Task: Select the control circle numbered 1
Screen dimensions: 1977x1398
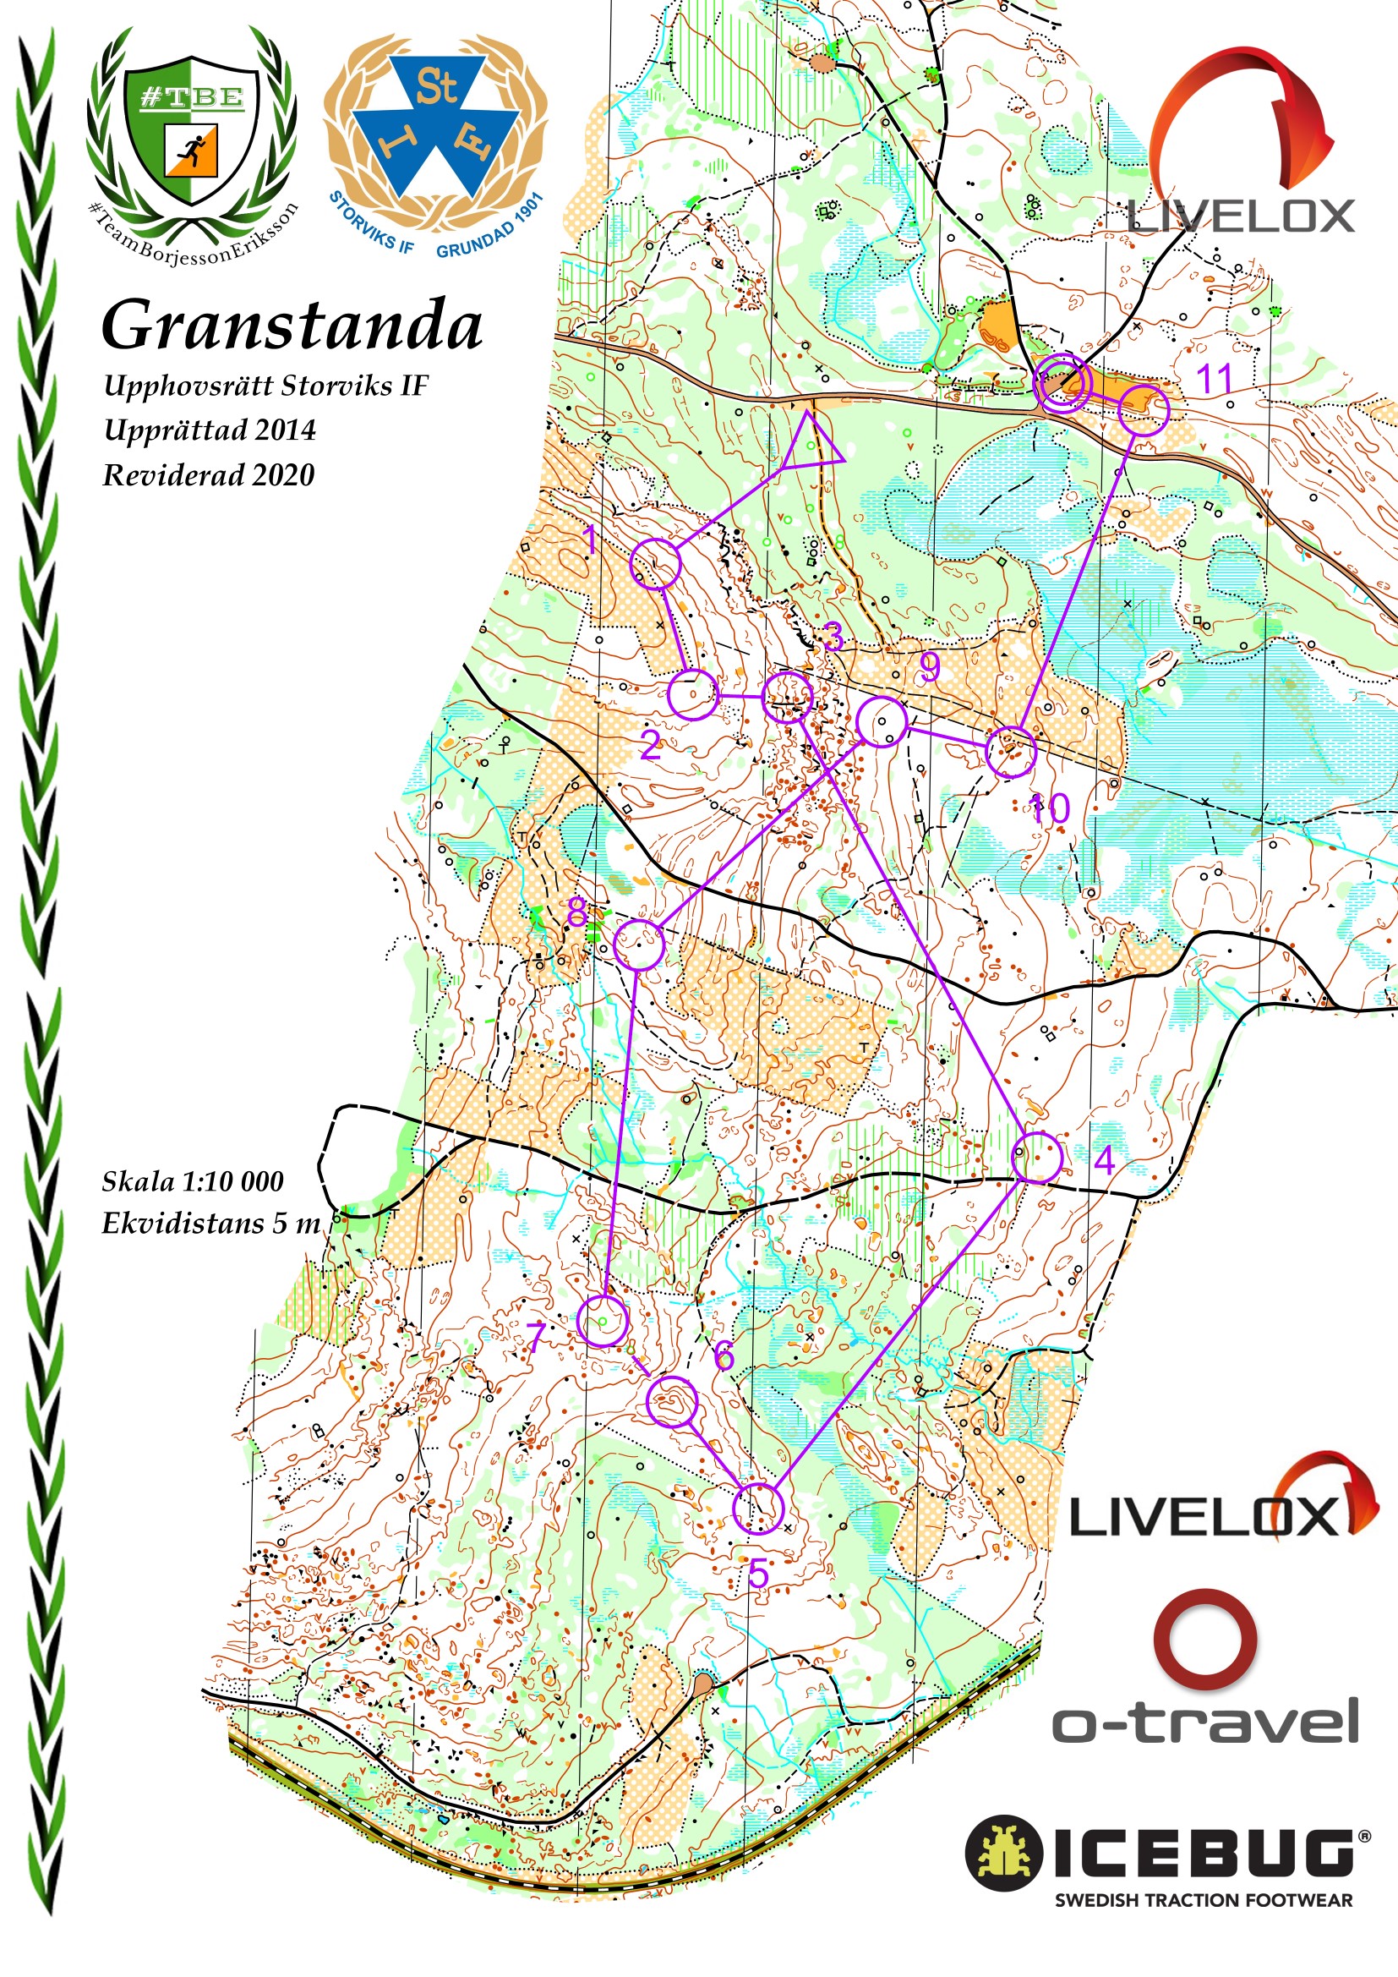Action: (x=656, y=564)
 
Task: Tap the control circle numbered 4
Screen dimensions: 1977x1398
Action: (x=1036, y=1158)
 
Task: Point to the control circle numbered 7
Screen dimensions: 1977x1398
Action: (x=603, y=1320)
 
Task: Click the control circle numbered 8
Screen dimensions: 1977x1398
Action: (x=640, y=945)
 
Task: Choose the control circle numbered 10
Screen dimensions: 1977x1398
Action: (x=1011, y=752)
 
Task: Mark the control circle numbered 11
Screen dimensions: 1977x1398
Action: (x=1144, y=411)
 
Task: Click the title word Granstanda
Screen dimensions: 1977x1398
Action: (x=292, y=326)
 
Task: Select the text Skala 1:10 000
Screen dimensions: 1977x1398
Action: (x=193, y=1181)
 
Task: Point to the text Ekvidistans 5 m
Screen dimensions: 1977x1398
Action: (x=211, y=1224)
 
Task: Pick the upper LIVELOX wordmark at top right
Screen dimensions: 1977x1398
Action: (x=1242, y=216)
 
